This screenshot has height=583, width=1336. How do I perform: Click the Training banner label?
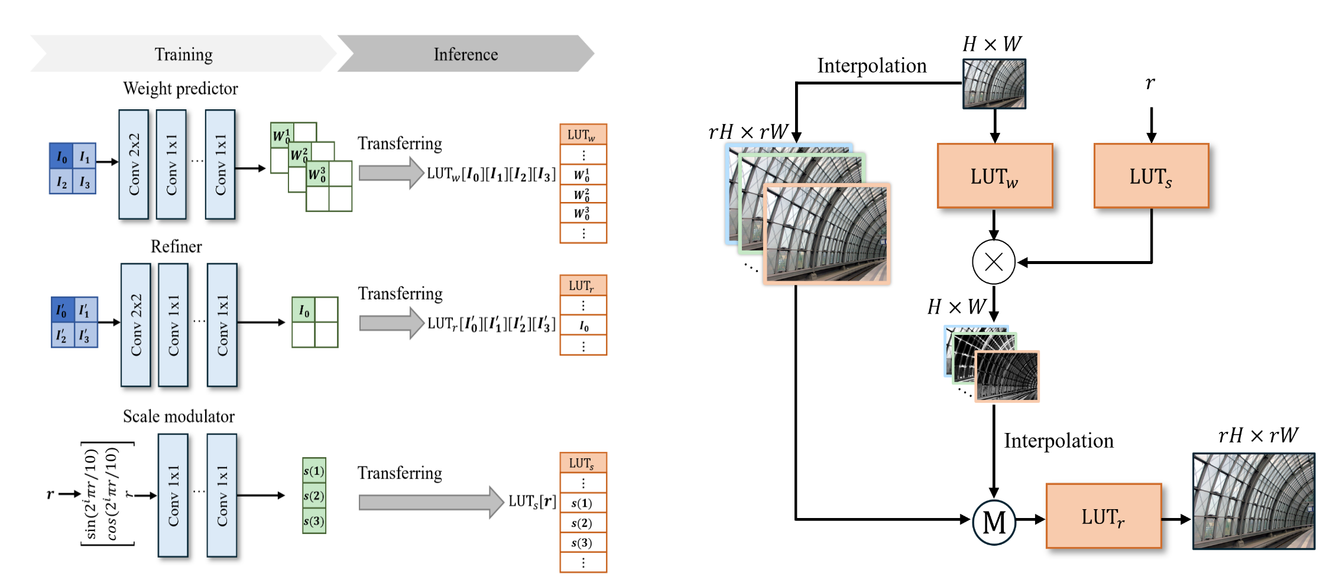(183, 54)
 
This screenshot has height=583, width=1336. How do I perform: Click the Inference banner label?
(466, 54)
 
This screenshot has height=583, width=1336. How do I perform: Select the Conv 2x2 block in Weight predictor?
(134, 164)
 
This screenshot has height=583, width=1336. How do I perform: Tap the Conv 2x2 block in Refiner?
(136, 325)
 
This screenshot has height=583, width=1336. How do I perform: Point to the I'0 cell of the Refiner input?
(61, 310)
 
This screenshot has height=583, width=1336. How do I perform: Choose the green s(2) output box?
(314, 496)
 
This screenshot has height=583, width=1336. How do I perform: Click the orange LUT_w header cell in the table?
(583, 135)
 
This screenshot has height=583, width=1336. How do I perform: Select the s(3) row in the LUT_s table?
(583, 542)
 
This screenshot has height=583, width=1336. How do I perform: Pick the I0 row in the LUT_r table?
(583, 325)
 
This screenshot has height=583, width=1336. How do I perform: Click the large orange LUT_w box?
(995, 176)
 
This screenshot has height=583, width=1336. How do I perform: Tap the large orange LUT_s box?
(1151, 176)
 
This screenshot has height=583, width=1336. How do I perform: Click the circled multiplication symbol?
(994, 262)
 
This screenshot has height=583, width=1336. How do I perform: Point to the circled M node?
(994, 522)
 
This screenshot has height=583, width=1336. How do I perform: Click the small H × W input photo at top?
(994, 84)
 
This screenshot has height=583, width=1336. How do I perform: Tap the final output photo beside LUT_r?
(1253, 501)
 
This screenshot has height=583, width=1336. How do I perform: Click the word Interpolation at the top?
(871, 66)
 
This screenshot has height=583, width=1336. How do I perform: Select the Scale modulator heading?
(179, 416)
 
